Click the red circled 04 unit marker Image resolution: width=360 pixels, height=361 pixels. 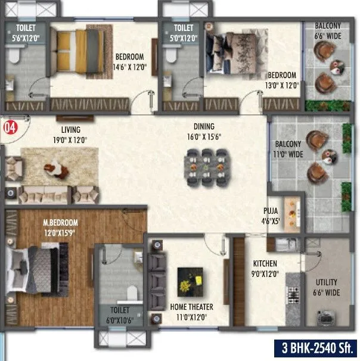[9, 126]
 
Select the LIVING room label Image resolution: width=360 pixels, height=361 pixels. [70, 129]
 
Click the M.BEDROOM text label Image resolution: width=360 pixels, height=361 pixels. [60, 223]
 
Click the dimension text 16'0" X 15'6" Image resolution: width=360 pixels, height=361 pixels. [203, 136]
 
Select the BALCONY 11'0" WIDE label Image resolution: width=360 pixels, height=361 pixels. [288, 149]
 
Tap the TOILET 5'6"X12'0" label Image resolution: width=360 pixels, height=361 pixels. [26, 32]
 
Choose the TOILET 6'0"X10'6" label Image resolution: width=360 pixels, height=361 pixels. [118, 315]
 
